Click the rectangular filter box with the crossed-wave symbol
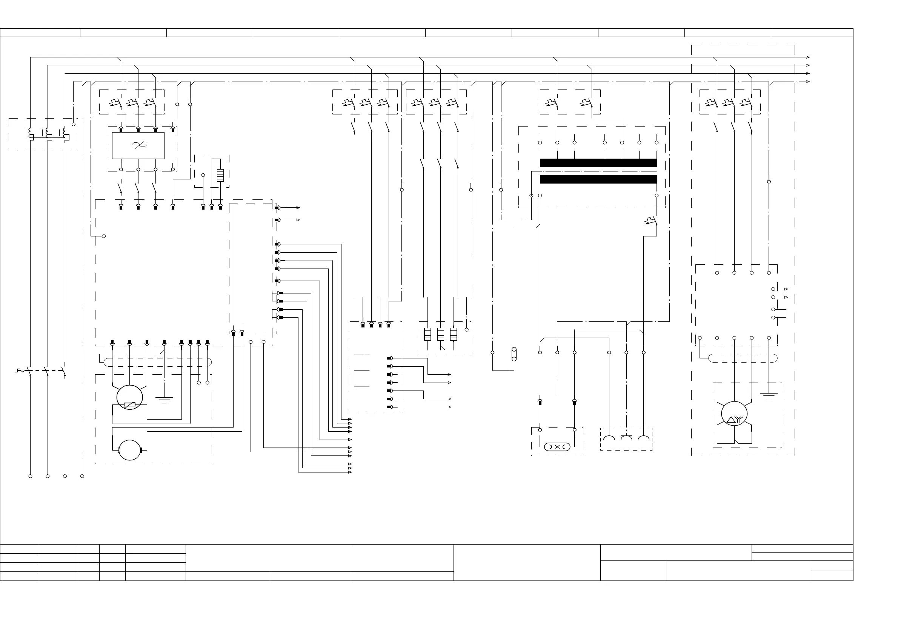(x=138, y=145)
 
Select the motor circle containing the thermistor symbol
(x=129, y=397)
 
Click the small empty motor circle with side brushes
(x=129, y=450)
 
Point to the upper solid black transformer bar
(x=598, y=163)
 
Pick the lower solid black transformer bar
(x=598, y=179)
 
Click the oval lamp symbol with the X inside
(x=557, y=446)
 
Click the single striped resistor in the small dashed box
(x=220, y=176)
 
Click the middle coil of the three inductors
(x=48, y=134)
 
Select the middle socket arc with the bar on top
(x=626, y=437)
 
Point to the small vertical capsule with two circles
(x=514, y=354)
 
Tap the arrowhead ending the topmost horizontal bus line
(x=807, y=57)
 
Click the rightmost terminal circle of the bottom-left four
(x=82, y=476)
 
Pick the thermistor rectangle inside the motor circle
(x=129, y=404)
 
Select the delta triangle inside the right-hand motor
(x=730, y=420)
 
